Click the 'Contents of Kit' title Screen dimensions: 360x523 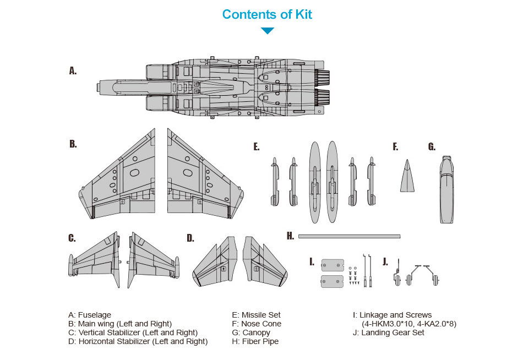(x=267, y=14)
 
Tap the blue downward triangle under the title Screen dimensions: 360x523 (x=268, y=31)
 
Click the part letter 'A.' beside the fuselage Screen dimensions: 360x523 (x=73, y=70)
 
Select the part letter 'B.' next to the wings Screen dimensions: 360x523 (x=73, y=144)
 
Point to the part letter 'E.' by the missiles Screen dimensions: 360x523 (x=256, y=146)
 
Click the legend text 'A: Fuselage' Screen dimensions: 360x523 (x=90, y=315)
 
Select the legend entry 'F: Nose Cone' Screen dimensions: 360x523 (x=257, y=324)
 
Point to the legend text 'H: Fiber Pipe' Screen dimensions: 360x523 (x=255, y=342)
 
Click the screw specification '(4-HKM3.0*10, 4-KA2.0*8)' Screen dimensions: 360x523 (x=409, y=324)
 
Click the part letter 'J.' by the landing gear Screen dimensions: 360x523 (x=385, y=261)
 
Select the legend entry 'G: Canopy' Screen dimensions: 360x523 (x=251, y=333)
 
